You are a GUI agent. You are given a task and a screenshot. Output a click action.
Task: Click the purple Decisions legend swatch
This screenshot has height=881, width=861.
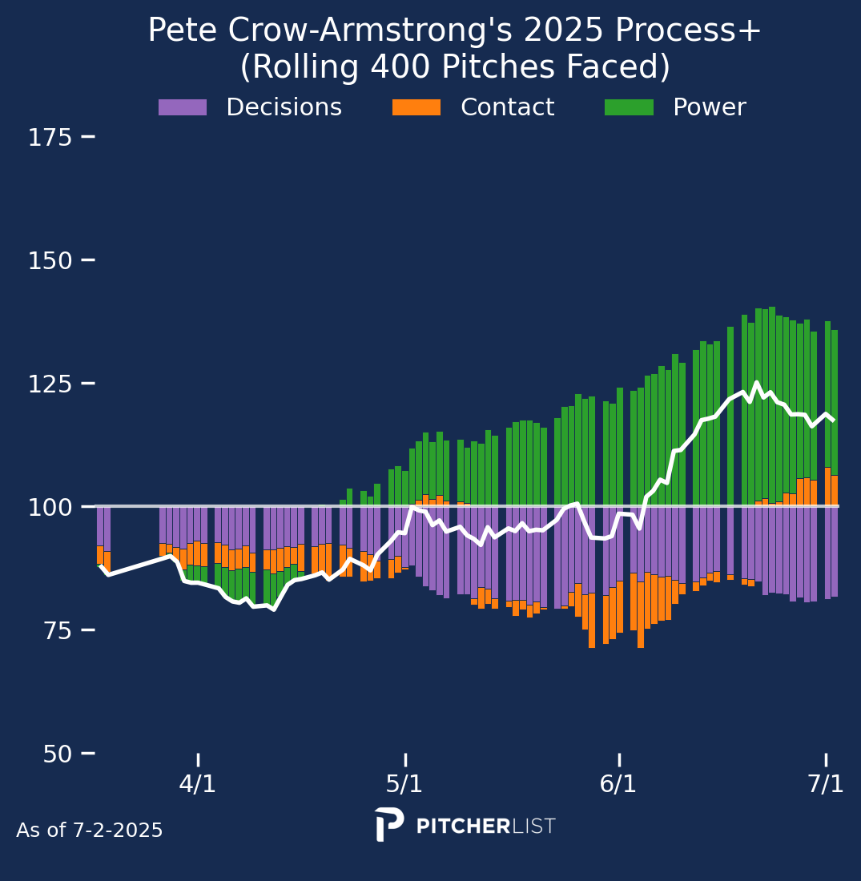pos(183,107)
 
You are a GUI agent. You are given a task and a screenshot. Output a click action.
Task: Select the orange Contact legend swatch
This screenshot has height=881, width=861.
pos(416,107)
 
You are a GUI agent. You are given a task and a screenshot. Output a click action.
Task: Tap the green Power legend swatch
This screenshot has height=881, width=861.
pos(629,107)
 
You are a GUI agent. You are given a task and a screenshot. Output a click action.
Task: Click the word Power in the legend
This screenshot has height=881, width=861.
pos(709,107)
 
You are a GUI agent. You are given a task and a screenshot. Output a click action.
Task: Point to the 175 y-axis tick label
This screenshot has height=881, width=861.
pos(50,138)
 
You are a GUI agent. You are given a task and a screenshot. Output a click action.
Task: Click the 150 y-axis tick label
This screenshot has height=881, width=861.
pos(50,261)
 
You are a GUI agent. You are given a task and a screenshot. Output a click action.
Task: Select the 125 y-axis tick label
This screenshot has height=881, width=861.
pos(50,384)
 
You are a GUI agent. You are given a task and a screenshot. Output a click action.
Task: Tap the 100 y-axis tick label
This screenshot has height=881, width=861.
pos(50,507)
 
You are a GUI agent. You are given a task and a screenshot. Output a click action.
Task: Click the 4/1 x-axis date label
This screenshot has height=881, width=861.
pos(197,783)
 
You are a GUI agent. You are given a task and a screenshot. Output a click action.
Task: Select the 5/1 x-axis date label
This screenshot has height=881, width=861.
pos(404,783)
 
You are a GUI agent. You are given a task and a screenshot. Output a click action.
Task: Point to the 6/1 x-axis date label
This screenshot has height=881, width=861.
pos(618,783)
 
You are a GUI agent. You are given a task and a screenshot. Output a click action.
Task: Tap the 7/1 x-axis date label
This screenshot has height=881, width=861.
pos(826,783)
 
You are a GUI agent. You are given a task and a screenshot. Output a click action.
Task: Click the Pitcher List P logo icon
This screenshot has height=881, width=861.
pos(389,825)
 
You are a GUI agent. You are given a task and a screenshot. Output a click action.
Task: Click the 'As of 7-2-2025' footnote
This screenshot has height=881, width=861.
pos(90,831)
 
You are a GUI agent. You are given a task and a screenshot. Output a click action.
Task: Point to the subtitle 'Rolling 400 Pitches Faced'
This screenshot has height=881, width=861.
pos(455,67)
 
